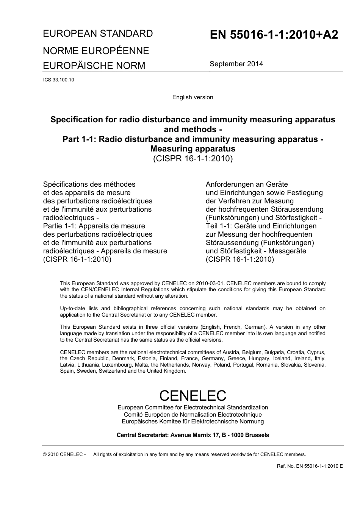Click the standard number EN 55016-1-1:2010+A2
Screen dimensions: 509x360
tap(274, 35)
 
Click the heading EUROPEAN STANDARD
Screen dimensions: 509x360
tap(98, 33)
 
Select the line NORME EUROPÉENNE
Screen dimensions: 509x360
tap(96, 51)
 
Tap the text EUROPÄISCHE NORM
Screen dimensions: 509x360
tap(94, 66)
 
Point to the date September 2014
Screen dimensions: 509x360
tap(236, 64)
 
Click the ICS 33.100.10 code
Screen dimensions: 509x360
tap(59, 80)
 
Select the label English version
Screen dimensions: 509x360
tap(193, 97)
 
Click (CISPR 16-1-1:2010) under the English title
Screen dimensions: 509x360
tap(193, 158)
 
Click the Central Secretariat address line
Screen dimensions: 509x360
tap(193, 435)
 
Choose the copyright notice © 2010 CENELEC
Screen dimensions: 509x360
tap(64, 454)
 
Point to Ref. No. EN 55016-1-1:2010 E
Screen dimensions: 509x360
tap(310, 466)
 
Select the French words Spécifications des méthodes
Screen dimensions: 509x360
tap(89, 184)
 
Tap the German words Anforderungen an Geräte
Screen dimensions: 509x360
tap(247, 184)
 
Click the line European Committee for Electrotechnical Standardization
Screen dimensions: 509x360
tap(193, 408)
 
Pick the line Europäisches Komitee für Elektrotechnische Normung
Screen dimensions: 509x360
tap(193, 421)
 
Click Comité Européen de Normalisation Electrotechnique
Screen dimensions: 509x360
tap(193, 414)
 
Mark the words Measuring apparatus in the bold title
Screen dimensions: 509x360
tap(193, 148)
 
